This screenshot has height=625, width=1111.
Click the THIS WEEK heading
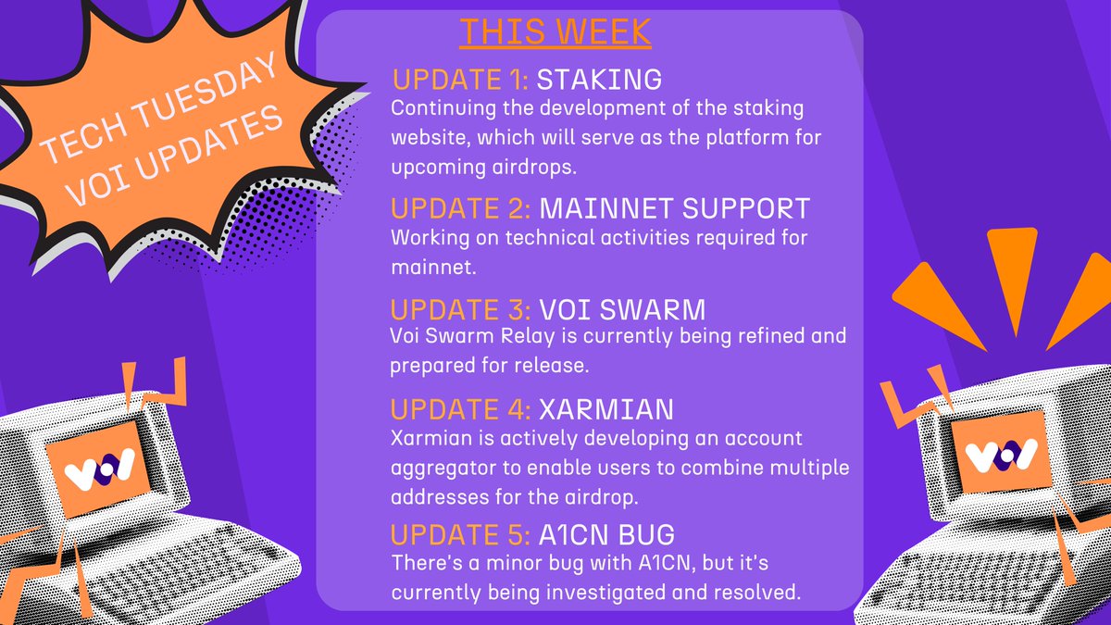click(x=555, y=31)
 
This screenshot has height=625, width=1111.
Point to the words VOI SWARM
click(x=619, y=308)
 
